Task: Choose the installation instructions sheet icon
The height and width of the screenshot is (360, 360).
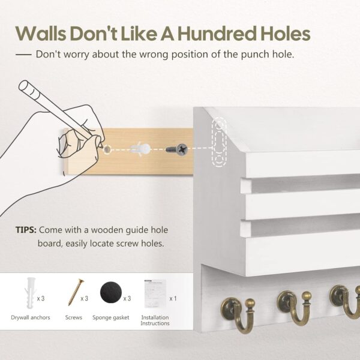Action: pos(154,292)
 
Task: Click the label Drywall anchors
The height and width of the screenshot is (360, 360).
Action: pos(30,317)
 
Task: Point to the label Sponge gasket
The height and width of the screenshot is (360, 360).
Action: pos(112,317)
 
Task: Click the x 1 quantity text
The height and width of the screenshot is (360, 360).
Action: pos(173,298)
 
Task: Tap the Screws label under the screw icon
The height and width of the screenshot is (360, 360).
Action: pos(73,317)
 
